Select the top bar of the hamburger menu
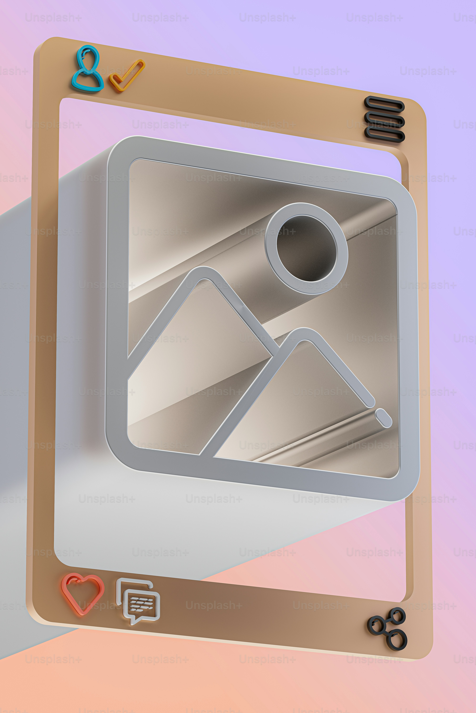coord(384,104)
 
